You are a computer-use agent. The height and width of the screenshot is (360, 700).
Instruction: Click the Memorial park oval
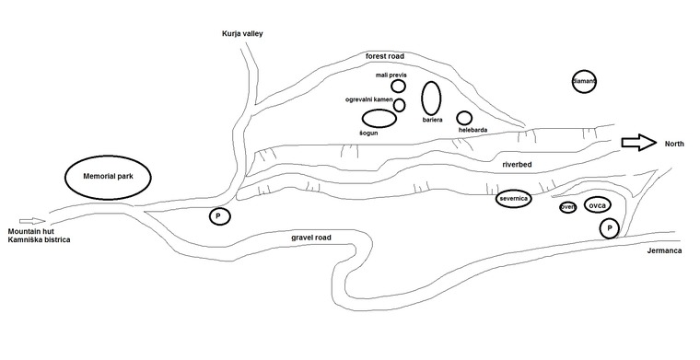pos(109,175)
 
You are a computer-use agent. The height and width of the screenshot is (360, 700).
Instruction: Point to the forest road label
pos(385,56)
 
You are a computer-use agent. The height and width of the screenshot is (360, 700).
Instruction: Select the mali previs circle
pos(399,86)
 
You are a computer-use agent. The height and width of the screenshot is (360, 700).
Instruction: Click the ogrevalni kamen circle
pos(399,104)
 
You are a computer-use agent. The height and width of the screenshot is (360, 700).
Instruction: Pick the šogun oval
pos(379,118)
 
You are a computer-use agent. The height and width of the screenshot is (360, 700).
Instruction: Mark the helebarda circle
pos(464,118)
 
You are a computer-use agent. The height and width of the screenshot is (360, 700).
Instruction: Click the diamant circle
pos(584,82)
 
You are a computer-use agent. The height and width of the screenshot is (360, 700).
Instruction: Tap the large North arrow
pos(638,143)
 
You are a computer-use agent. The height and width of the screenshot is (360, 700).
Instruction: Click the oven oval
pos(567,207)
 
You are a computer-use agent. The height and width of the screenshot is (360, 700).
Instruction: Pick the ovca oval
pos(596,204)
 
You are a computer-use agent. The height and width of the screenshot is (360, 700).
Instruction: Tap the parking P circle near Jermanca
pos(609,227)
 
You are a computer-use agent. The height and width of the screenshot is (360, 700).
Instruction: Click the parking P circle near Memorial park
pos(219,216)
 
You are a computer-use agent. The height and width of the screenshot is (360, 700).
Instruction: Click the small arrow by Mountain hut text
pos(30,221)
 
